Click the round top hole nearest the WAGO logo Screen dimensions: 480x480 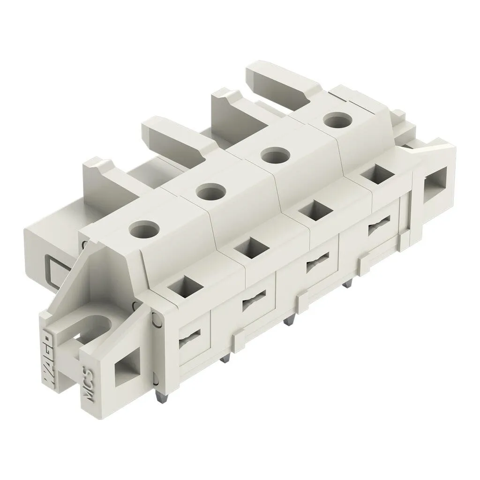[x=145, y=229]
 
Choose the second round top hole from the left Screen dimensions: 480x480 [x=211, y=192]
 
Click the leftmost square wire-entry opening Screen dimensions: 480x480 [x=186, y=287]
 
